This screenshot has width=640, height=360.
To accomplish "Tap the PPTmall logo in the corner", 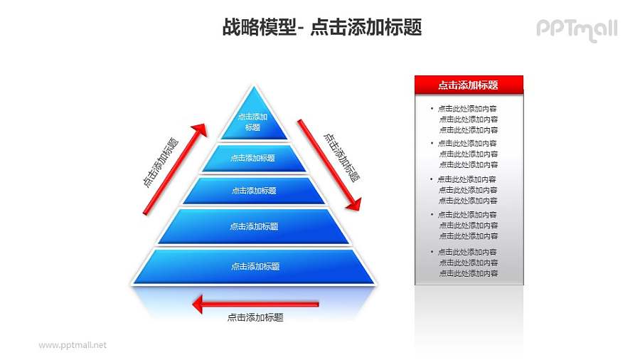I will pos(576,29).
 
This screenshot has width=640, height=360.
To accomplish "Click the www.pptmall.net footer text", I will pos(72,345).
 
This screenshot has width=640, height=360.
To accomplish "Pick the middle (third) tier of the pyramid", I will pos(253,191).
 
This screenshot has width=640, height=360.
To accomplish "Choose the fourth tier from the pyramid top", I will pos(253,226).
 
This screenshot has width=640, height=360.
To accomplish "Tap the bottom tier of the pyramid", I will pos(254,266).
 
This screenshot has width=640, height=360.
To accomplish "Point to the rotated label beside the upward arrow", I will pos(160,162).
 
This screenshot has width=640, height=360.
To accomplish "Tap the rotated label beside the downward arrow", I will pos(341,157).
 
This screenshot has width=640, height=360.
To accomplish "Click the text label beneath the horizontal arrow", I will pos(255,318).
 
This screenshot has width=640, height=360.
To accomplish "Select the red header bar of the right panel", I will pos(469,85).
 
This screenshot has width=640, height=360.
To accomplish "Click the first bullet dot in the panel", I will pos(431,109).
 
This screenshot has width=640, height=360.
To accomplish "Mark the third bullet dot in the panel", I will pos(431,179).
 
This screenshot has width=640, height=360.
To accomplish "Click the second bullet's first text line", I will pos(468,144).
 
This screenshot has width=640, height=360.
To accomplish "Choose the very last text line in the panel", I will pos(468,273).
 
